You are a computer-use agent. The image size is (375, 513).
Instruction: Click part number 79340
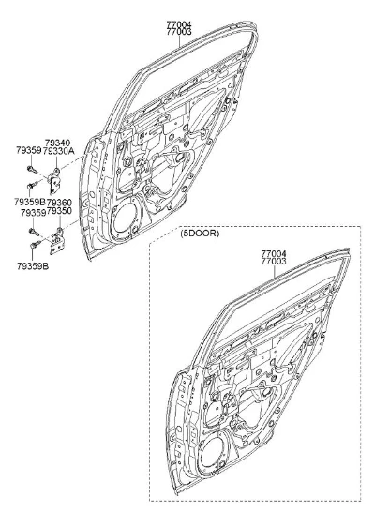tap(57, 143)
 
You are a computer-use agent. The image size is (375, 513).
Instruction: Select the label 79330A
tap(59, 151)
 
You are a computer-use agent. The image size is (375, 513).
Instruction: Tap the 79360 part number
tap(59, 203)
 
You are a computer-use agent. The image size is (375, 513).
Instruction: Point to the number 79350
tap(59, 211)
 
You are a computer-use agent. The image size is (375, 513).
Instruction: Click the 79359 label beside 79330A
tap(29, 150)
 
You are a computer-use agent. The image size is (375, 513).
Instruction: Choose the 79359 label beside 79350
tap(34, 213)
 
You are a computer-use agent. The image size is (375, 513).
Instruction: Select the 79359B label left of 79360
tap(30, 202)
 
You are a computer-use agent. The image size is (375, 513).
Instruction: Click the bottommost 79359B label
tap(33, 266)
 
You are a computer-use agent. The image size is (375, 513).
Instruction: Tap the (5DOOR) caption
tap(200, 234)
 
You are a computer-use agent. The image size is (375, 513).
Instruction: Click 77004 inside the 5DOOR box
tap(274, 253)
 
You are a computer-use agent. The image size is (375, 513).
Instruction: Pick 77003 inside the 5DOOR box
tap(274, 262)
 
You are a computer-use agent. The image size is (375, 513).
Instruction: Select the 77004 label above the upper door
tap(179, 24)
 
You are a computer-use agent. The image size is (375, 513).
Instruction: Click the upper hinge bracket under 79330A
tap(54, 181)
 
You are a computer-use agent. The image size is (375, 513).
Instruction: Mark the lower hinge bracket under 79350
tap(57, 241)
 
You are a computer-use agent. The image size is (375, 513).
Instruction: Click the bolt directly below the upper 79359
tap(33, 170)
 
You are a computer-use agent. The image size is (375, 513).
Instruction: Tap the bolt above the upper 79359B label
tap(33, 185)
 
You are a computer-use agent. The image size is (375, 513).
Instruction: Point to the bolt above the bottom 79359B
tap(36, 244)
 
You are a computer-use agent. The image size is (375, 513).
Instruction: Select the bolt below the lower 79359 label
tap(34, 232)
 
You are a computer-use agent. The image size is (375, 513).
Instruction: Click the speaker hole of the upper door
tap(127, 220)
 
